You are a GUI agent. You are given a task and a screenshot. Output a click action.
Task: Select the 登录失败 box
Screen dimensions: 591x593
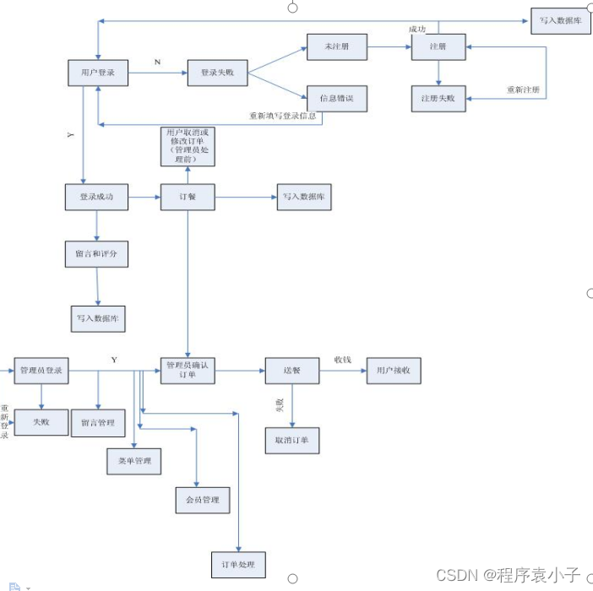217,73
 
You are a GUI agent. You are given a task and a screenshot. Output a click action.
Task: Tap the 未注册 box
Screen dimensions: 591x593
337,47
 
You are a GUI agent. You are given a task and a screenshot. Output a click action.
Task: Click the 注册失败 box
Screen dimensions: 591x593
438,98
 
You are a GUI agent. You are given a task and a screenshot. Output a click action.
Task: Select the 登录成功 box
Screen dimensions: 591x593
95,198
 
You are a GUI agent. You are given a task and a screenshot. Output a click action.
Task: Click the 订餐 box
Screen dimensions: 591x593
188,198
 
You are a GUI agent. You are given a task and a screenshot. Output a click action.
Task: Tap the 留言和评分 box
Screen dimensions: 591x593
95,253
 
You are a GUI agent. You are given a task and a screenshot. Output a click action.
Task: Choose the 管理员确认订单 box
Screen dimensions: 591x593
188,370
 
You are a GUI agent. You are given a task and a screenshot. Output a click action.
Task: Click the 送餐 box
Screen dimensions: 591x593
292,370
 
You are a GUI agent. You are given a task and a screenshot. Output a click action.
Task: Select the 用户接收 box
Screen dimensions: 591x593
393,370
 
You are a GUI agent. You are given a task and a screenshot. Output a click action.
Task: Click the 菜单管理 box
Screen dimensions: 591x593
133,460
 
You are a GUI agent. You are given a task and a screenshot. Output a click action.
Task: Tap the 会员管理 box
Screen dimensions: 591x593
202,500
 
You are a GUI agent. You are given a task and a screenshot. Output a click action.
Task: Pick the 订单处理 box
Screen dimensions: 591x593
238,563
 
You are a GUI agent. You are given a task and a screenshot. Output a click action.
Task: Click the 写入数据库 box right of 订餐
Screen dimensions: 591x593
304,198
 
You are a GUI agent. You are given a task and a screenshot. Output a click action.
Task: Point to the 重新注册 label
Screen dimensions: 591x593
523,89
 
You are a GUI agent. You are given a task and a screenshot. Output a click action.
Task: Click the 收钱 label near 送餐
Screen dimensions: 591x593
342,359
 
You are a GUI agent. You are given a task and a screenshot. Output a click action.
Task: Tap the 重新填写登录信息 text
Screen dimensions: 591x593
281,117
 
